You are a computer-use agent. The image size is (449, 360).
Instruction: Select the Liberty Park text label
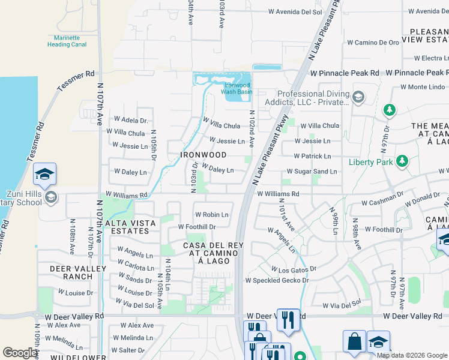click(371, 162)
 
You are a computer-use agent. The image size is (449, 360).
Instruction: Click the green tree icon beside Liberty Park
click(402, 161)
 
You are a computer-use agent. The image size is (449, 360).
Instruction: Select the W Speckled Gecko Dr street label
click(277, 280)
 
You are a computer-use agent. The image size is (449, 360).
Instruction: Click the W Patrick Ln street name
click(312, 156)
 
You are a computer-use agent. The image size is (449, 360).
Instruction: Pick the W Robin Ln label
click(211, 214)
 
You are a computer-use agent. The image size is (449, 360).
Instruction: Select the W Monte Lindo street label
click(423, 87)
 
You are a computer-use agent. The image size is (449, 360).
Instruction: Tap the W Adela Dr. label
click(126, 121)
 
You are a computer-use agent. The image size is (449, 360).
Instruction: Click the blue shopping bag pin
click(354, 341)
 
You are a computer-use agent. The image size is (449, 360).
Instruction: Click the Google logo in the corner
click(20, 353)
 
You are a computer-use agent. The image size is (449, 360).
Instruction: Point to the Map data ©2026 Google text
click(412, 355)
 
